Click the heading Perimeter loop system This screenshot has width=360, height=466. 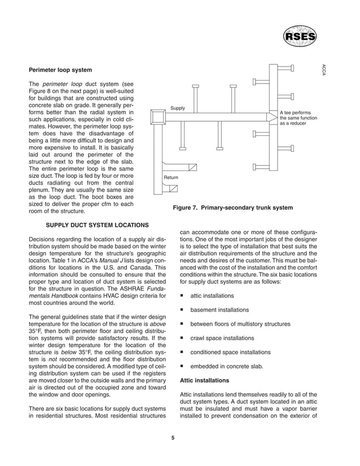[60, 71]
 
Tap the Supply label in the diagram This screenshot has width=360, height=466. [178, 108]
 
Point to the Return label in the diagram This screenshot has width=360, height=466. [171, 178]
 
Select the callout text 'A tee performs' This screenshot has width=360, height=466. [296, 113]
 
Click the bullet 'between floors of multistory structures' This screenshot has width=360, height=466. [240, 324]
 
